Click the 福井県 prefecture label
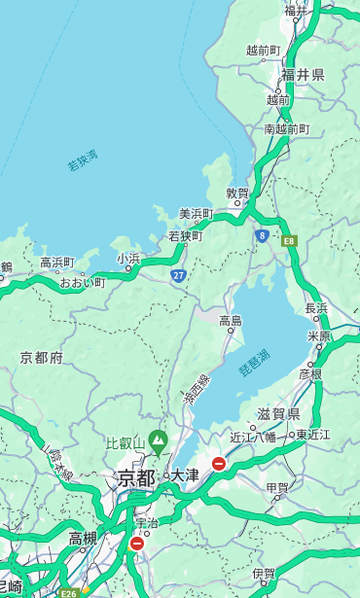click(x=303, y=75)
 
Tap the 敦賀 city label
click(x=237, y=194)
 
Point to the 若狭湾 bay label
click(x=83, y=160)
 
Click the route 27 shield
click(x=179, y=276)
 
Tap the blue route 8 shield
click(x=262, y=235)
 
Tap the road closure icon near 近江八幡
click(x=219, y=465)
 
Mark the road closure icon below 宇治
click(x=136, y=544)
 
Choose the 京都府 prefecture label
click(x=42, y=358)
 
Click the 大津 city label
click(x=185, y=475)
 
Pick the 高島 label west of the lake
click(x=231, y=321)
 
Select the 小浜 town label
click(x=128, y=259)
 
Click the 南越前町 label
click(x=286, y=128)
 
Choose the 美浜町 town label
click(x=197, y=214)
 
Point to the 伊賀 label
click(x=263, y=574)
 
